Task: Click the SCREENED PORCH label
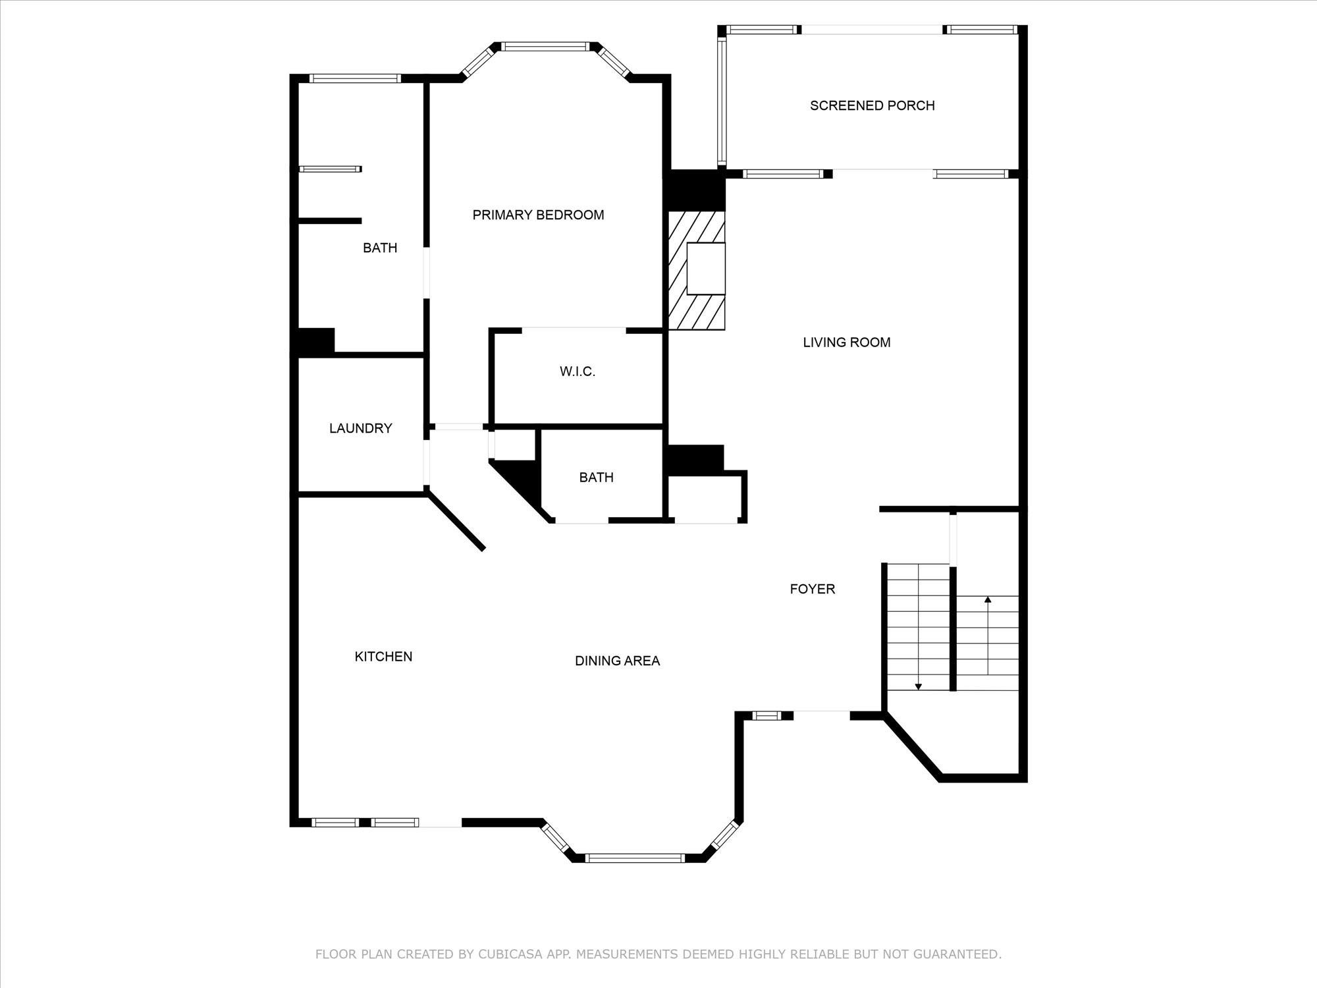pos(872,105)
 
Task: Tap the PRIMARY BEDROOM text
pos(538,215)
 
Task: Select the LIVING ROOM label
pos(846,342)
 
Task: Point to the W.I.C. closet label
pos(577,371)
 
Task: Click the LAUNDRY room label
pos(360,428)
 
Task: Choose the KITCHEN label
pos(383,656)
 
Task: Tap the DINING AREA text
pos(617,661)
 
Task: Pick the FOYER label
pos(812,589)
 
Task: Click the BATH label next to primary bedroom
pos(380,248)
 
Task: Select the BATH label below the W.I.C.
pos(596,478)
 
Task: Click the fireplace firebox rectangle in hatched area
pos(706,268)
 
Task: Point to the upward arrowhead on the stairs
pos(988,599)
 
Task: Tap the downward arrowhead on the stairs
pos(918,687)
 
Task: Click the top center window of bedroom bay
pos(544,46)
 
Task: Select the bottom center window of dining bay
pos(635,858)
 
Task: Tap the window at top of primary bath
pos(355,78)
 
